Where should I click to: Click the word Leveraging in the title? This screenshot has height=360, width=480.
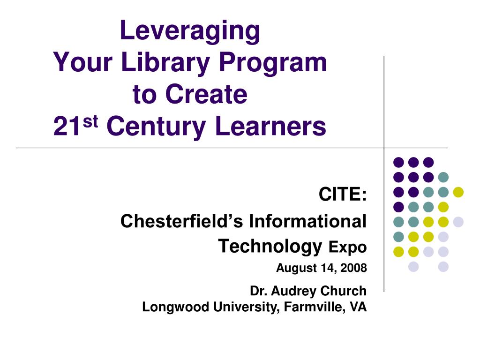[190, 31]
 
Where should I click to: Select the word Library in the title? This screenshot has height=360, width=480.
[165, 63]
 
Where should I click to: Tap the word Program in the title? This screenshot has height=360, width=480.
[273, 63]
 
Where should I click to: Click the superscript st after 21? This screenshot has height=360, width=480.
[90, 121]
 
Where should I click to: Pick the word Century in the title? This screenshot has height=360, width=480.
[156, 127]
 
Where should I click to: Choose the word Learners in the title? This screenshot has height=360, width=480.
[270, 126]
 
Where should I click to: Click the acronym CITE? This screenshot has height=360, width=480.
[343, 194]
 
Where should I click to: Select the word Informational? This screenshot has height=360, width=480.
[307, 221]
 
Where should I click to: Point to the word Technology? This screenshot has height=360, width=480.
[270, 247]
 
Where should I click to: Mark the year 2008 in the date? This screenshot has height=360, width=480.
[353, 268]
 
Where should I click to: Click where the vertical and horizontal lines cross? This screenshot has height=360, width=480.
[384, 148]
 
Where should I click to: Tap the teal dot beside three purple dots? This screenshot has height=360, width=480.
[443, 177]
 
